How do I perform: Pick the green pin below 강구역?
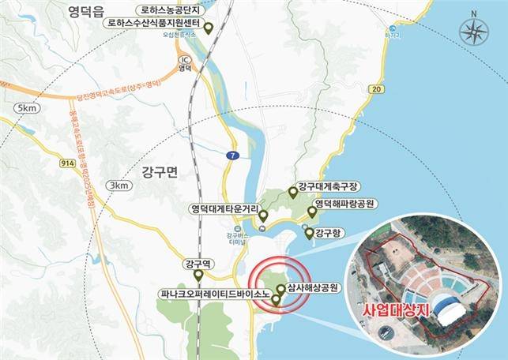(x=198, y=276)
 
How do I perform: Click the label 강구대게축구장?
(x=329, y=186)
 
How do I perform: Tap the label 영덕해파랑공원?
(x=344, y=203)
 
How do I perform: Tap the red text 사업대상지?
(x=393, y=309)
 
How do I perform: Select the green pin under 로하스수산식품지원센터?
(x=209, y=29)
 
